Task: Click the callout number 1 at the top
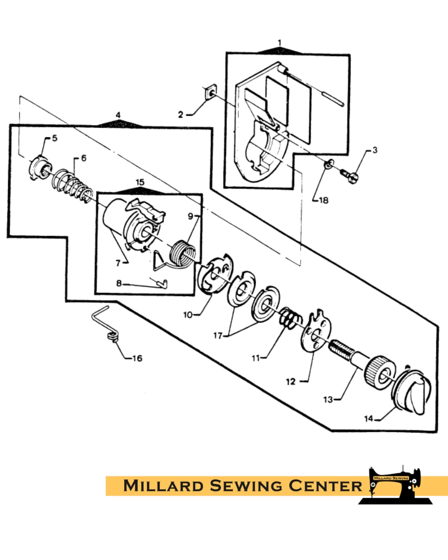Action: coord(280,43)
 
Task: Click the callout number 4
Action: coord(118,115)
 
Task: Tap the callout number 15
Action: coord(140,182)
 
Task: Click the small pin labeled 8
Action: coord(162,284)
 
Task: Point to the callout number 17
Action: coord(217,336)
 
